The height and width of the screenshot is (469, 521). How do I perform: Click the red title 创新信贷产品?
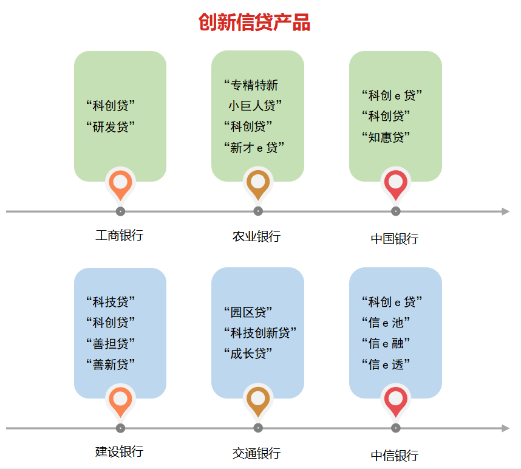pos(254,22)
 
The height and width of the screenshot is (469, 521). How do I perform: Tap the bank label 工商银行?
pos(119,235)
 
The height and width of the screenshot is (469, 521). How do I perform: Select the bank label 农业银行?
pos(256,237)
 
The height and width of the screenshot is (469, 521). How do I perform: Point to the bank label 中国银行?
pos(395,239)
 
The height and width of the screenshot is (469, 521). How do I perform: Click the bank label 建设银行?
pos(119,452)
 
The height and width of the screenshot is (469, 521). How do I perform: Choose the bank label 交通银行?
pos(256,453)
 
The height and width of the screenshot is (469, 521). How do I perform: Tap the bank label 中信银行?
pos(395,456)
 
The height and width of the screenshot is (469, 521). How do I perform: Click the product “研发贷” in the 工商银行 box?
pos(111,126)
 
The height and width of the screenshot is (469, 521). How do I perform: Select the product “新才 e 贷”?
pos(254,147)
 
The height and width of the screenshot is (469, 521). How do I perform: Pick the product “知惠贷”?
pos(386,137)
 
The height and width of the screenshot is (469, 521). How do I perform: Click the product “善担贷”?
pos(111,344)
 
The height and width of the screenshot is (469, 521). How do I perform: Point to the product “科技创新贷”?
pos(260,333)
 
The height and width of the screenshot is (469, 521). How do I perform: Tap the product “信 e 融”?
pos(386,343)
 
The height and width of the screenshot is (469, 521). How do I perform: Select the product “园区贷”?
pos(248,312)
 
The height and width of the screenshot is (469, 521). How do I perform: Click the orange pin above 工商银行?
pos(120,184)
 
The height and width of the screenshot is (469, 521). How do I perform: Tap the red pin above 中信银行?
pos(396,400)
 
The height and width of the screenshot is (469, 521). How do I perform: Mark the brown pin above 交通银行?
pos(258,400)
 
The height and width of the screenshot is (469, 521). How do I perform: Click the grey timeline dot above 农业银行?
pos(258,211)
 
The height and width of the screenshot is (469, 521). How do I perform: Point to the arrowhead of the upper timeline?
pos(505,211)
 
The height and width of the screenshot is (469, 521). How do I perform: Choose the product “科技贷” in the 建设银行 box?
pos(111,302)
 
